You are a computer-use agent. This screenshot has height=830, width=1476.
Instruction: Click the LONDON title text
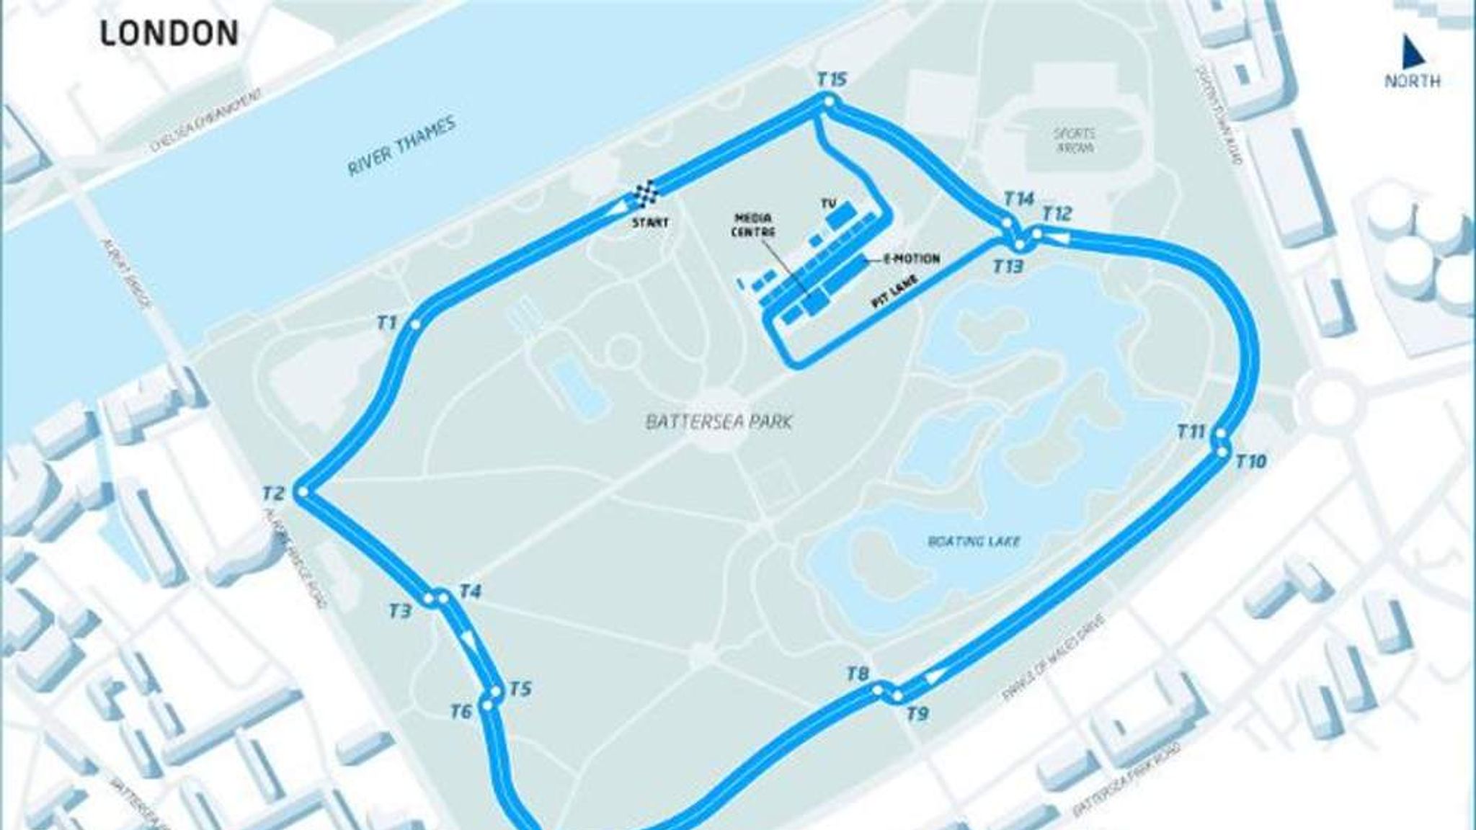(169, 34)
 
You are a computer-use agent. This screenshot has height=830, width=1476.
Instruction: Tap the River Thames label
(402, 146)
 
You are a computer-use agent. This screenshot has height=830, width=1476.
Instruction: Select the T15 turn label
(832, 80)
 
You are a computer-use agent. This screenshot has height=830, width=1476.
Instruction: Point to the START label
(649, 223)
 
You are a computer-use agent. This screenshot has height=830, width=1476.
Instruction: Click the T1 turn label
(387, 322)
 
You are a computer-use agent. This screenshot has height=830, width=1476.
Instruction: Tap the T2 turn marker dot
(303, 493)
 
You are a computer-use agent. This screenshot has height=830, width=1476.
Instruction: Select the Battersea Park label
(719, 422)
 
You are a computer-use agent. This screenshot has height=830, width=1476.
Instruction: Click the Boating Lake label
(975, 540)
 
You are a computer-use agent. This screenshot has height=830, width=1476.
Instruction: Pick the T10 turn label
(1250, 461)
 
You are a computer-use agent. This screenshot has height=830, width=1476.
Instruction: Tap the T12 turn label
(1057, 214)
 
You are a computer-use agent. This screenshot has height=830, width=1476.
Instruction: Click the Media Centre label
(755, 226)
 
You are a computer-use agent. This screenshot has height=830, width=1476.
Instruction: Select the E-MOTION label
(912, 259)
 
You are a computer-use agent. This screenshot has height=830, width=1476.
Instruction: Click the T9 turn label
(917, 714)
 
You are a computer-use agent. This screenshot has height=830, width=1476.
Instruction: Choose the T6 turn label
(461, 712)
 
